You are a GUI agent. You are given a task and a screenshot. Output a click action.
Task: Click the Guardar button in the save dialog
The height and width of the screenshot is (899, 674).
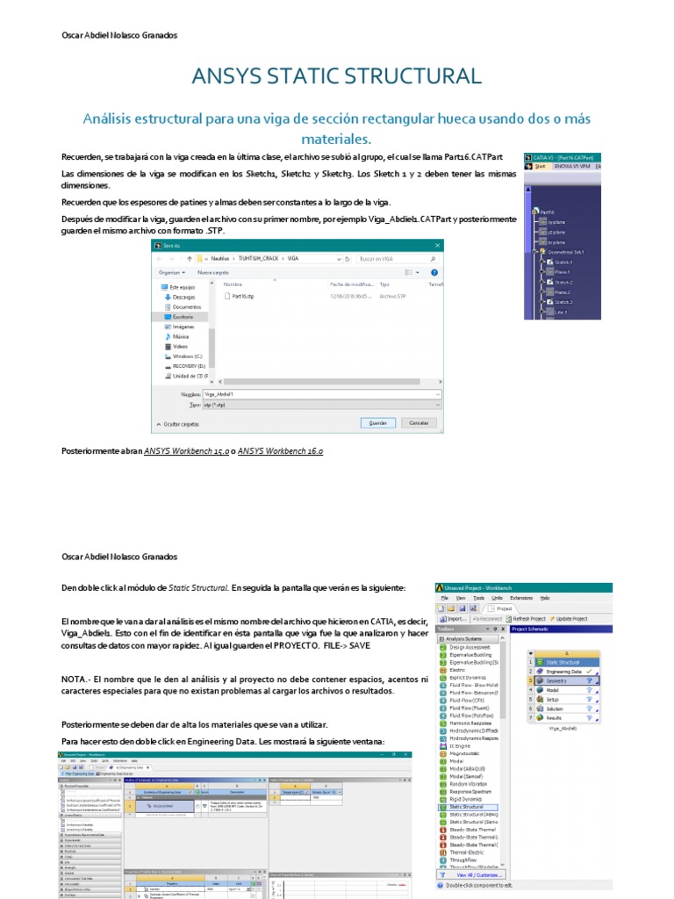tap(377, 422)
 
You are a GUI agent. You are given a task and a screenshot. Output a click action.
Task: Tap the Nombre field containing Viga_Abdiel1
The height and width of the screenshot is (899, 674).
tap(320, 394)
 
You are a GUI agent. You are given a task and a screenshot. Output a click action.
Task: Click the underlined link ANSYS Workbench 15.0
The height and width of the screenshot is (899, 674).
tap(186, 450)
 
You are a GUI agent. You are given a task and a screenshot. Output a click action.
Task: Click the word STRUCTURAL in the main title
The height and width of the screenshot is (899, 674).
tap(412, 76)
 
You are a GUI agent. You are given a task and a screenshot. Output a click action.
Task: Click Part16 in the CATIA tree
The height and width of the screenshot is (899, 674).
tap(547, 212)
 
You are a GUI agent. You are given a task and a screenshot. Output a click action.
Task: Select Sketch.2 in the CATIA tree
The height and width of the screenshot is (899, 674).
tap(563, 282)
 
